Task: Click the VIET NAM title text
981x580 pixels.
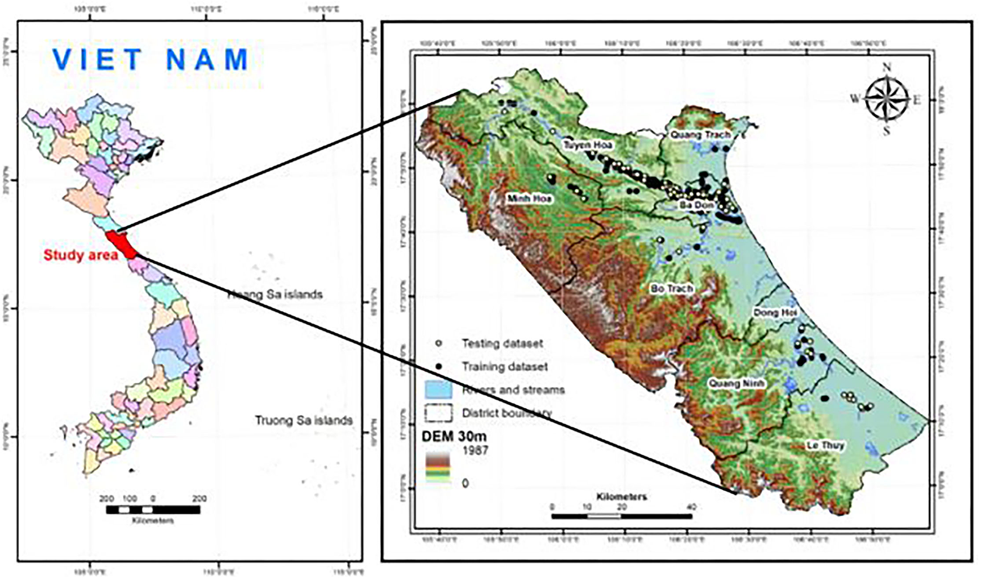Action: coord(151,60)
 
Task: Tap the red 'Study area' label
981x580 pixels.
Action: coord(81,255)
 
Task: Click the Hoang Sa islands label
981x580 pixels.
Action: coord(275,294)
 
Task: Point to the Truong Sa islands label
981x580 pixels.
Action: coord(303,420)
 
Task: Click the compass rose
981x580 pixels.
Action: coord(886,99)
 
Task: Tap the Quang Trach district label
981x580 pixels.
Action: coord(700,134)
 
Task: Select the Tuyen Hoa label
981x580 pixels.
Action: coord(587,145)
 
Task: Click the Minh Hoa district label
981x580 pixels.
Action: coord(530,198)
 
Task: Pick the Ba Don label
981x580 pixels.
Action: coord(696,205)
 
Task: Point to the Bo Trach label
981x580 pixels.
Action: coord(672,288)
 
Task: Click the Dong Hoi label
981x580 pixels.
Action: coord(775,313)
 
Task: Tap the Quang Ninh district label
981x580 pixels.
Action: coord(736,383)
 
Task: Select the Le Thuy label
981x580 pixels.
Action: coord(825,445)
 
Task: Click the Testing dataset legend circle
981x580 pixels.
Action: coord(439,343)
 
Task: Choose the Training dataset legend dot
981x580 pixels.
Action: coord(439,366)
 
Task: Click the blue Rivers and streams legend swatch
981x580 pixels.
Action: coord(438,390)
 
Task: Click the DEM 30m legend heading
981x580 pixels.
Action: coord(454,436)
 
